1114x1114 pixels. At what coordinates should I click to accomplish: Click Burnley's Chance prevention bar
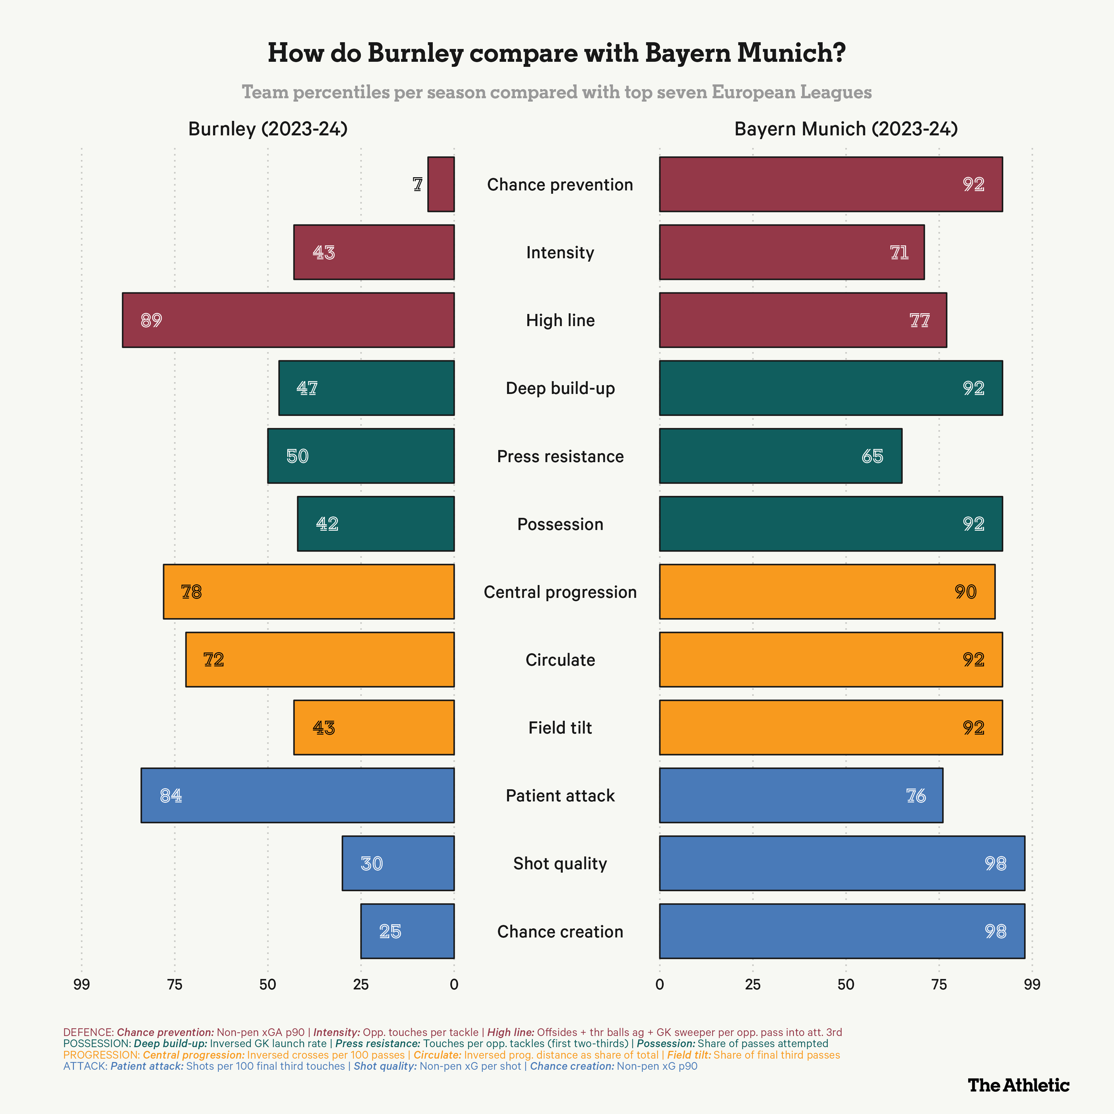tap(441, 185)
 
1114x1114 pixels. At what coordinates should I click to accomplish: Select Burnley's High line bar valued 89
tap(288, 320)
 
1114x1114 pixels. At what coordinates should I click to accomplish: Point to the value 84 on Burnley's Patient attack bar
tap(171, 796)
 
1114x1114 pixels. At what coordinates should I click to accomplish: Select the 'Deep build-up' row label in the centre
tap(560, 388)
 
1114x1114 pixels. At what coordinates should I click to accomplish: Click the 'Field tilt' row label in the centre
tap(560, 728)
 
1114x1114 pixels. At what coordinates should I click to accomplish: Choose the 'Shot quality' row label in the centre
tap(560, 863)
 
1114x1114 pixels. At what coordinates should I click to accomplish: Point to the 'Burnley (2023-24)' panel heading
tap(268, 129)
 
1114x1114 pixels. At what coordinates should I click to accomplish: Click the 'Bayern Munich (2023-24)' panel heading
tap(846, 129)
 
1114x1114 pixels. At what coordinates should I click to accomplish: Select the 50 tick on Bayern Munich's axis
tap(846, 984)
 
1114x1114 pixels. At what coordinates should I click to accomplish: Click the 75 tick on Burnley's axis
tap(175, 984)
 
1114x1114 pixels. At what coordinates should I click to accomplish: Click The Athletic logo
tap(1018, 1085)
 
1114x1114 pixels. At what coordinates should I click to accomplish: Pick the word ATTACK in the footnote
tap(85, 1066)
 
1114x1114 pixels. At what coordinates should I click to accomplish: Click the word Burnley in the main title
tap(415, 53)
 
